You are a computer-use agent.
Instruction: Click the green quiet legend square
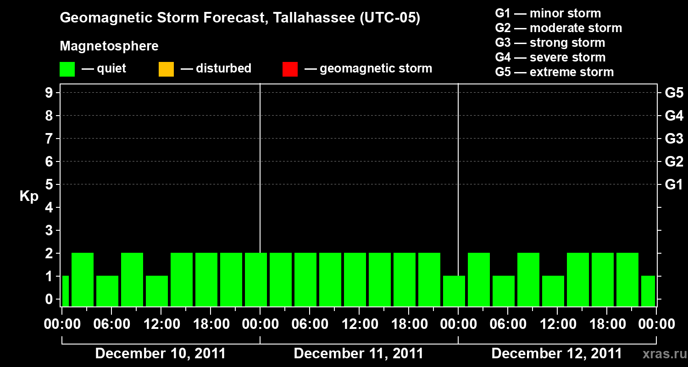tap(67, 69)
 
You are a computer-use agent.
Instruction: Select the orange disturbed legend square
tap(166, 69)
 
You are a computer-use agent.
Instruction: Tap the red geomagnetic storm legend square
tap(290, 69)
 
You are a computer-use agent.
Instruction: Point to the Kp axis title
tap(29, 196)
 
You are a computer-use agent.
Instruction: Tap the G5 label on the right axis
tap(674, 93)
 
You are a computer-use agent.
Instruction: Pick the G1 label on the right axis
tap(674, 184)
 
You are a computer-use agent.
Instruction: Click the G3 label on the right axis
tap(674, 139)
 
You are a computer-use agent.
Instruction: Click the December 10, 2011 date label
tap(161, 354)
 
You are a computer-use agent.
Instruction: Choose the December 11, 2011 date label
tap(359, 354)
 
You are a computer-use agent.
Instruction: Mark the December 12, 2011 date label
tap(557, 354)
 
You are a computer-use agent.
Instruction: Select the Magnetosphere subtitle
tap(109, 46)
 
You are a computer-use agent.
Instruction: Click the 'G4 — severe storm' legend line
tap(550, 57)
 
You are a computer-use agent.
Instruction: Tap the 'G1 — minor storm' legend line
tap(548, 13)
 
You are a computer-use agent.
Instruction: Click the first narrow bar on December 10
tap(65, 291)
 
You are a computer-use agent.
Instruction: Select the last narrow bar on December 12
tap(648, 291)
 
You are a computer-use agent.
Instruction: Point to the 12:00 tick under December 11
tap(359, 324)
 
